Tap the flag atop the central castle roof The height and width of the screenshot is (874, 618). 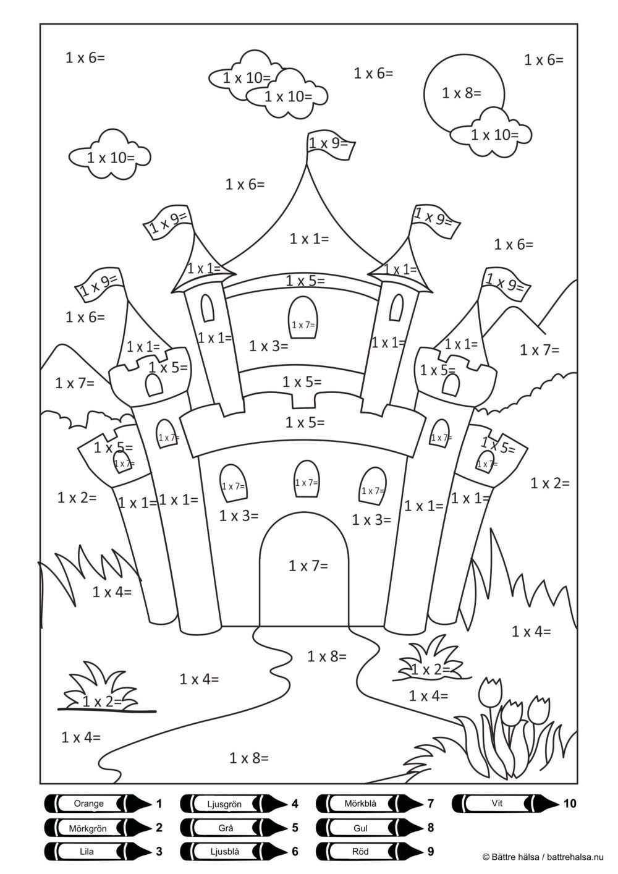click(328, 144)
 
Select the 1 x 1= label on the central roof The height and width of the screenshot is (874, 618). click(309, 238)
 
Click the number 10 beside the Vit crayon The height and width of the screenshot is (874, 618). click(569, 804)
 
